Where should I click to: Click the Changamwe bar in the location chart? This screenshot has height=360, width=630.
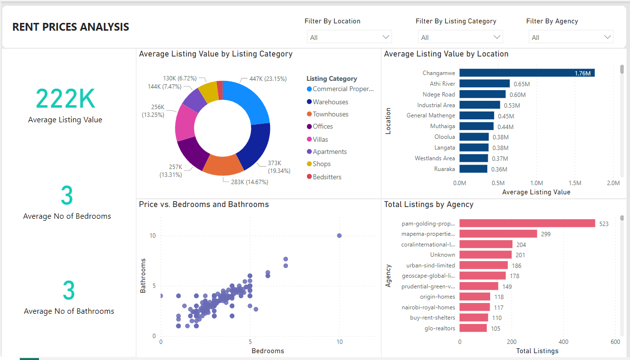(x=526, y=73)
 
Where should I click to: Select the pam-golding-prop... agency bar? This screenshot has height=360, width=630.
(x=527, y=223)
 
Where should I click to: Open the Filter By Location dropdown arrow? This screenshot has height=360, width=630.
(x=386, y=37)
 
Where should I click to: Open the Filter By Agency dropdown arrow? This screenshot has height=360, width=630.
(x=608, y=37)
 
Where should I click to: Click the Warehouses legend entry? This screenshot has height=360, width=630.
(x=330, y=102)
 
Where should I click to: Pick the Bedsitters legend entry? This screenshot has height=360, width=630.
(x=326, y=177)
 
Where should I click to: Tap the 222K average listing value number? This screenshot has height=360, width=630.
(x=65, y=98)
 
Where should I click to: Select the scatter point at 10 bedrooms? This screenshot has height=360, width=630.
(x=339, y=236)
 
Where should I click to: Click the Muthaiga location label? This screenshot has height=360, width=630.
(x=442, y=126)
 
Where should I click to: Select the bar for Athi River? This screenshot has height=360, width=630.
(x=484, y=84)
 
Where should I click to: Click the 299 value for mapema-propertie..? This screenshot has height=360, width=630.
(x=546, y=234)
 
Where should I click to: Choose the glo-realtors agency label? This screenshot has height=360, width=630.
(x=439, y=328)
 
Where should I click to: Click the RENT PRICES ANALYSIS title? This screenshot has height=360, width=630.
(x=71, y=27)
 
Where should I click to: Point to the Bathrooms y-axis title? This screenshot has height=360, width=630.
(x=143, y=276)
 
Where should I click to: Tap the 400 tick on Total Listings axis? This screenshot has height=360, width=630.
(x=563, y=341)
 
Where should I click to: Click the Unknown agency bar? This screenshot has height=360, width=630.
(x=485, y=255)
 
